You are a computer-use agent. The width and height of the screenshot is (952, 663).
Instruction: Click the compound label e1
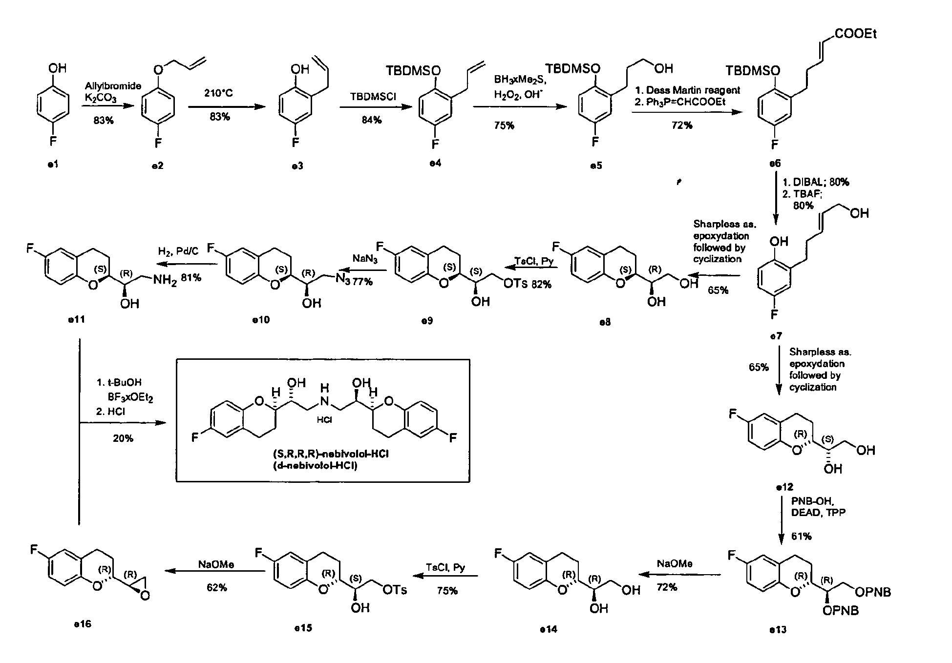[x=52, y=165]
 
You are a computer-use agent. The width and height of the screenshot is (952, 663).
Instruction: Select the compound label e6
[x=775, y=164]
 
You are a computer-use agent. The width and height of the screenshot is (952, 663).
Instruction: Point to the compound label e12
[x=785, y=487]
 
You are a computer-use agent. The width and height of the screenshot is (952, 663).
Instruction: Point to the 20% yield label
[x=123, y=438]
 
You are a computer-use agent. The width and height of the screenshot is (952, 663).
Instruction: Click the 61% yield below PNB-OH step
[x=802, y=537]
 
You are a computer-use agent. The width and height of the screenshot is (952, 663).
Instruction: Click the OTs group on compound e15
[x=395, y=590]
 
